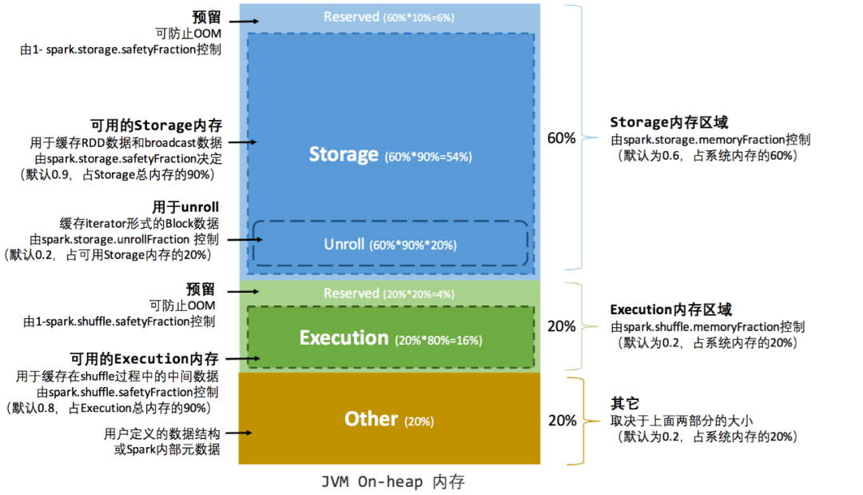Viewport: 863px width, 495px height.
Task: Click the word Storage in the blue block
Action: click(344, 154)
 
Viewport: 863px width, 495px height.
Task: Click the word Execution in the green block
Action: click(344, 338)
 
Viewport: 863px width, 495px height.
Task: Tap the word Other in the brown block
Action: click(371, 418)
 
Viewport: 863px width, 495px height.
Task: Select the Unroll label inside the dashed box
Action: click(344, 244)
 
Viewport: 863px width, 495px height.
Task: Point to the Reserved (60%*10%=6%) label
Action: click(388, 17)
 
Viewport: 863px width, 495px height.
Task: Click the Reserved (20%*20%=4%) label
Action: click(388, 293)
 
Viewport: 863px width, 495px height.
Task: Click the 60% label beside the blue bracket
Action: click(561, 138)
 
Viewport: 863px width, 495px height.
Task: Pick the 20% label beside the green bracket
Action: click(561, 326)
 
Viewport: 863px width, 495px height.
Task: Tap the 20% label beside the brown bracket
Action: click(561, 420)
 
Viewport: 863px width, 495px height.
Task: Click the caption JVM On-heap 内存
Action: click(392, 482)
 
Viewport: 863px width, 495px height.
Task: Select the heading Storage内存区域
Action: click(669, 122)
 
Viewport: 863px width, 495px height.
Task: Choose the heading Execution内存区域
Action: click(671, 309)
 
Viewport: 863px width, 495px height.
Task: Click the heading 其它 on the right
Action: click(625, 404)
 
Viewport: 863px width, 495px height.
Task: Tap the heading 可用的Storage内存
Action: click(156, 126)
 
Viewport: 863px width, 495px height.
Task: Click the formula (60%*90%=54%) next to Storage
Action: click(428, 157)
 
